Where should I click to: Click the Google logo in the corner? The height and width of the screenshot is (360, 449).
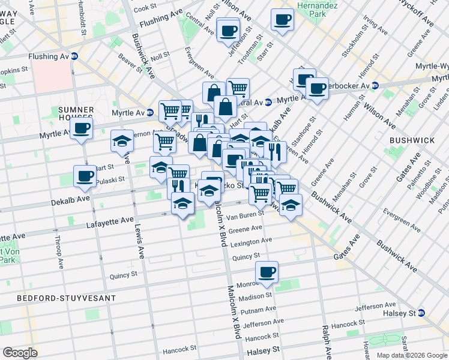point(20,352)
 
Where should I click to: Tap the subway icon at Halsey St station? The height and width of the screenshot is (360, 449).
point(421,313)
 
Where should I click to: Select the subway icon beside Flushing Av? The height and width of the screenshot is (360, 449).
point(74,56)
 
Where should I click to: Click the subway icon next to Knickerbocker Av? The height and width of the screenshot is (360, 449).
point(374,85)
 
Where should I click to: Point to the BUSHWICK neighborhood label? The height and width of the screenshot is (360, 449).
point(412,140)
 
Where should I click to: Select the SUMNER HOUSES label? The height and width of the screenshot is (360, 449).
point(76,114)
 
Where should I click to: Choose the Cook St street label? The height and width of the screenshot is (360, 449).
point(145,8)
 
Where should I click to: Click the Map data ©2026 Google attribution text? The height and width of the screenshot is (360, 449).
point(411,355)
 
